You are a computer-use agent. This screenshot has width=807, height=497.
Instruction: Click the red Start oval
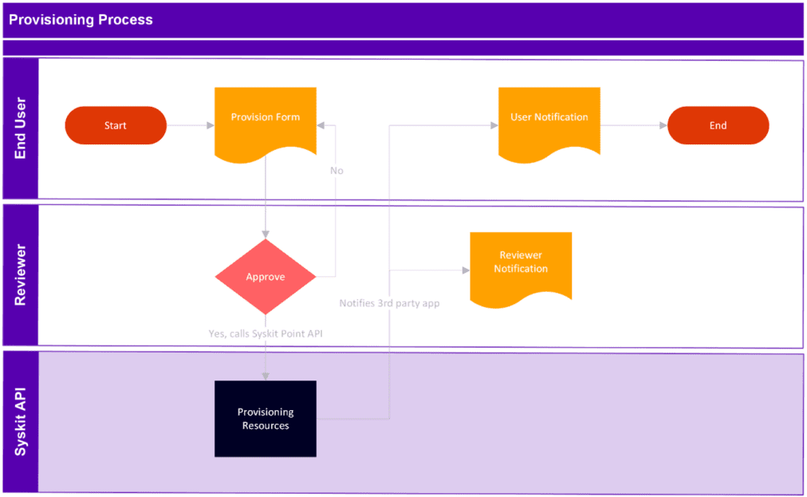pyautogui.click(x=116, y=126)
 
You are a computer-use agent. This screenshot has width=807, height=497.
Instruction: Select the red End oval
pyautogui.click(x=718, y=126)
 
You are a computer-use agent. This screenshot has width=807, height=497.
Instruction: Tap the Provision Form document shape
pyautogui.click(x=266, y=120)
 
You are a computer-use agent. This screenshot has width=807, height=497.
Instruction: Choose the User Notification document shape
pyautogui.click(x=549, y=120)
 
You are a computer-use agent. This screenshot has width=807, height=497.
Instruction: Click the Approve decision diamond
pyautogui.click(x=266, y=277)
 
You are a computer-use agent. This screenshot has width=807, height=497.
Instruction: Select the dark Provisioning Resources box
pyautogui.click(x=266, y=419)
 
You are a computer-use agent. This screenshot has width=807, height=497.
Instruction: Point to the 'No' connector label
pyautogui.click(x=337, y=171)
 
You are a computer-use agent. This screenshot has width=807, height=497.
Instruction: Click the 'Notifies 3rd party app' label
pyautogui.click(x=389, y=303)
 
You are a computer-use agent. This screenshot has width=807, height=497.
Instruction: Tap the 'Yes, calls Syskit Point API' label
pyautogui.click(x=266, y=333)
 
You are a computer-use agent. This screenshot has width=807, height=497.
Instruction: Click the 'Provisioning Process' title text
pyautogui.click(x=81, y=20)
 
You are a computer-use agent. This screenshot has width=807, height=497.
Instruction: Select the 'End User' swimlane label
pyautogui.click(x=21, y=128)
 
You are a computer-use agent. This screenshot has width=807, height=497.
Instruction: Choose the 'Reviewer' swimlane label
pyautogui.click(x=21, y=276)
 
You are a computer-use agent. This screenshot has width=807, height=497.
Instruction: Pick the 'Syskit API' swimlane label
pyautogui.click(x=21, y=423)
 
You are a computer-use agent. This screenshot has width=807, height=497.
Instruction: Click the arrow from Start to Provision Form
pyautogui.click(x=190, y=126)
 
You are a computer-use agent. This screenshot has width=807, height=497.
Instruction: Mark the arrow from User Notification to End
pyautogui.click(x=633, y=126)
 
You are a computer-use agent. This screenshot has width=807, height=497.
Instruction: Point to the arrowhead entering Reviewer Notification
pyautogui.click(x=465, y=270)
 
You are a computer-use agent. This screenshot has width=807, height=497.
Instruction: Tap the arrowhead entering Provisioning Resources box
pyautogui.click(x=266, y=376)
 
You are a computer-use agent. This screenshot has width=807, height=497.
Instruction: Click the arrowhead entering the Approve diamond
pyautogui.click(x=266, y=234)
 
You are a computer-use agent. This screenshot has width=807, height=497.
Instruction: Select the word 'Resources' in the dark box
pyautogui.click(x=266, y=426)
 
